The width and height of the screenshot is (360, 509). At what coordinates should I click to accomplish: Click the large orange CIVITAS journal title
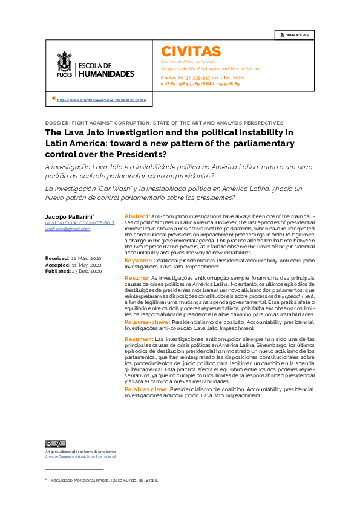[x=191, y=51]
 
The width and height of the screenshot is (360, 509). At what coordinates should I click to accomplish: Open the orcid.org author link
[x=80, y=223]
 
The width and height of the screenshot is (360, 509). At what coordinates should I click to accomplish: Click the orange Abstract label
[x=137, y=216]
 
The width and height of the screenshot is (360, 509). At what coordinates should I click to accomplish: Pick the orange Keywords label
[x=139, y=260]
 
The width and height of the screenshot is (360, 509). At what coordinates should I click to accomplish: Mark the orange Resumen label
[x=138, y=340]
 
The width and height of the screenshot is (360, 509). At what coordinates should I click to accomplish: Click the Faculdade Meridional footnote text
[x=104, y=480]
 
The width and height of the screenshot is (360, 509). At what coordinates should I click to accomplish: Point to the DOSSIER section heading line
[x=164, y=122]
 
